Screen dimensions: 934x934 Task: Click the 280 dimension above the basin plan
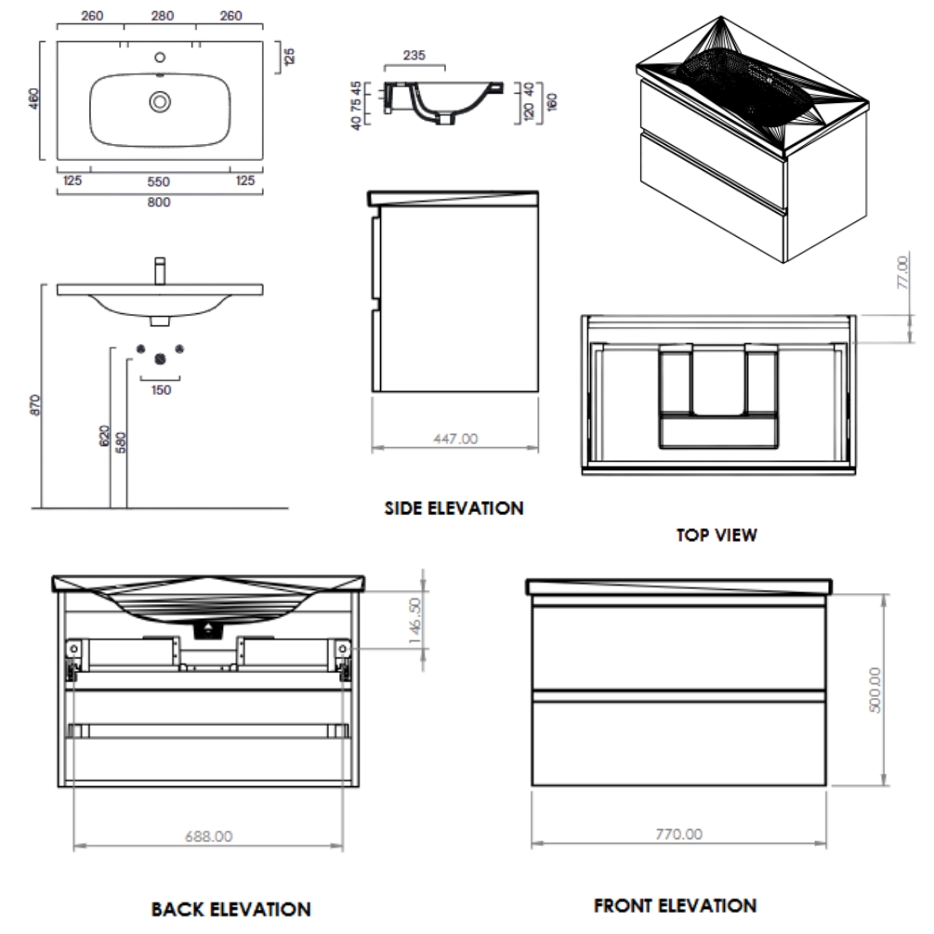click(x=163, y=15)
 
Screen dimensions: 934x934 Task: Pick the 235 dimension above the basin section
click(x=414, y=56)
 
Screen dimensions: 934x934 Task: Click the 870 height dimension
click(x=35, y=404)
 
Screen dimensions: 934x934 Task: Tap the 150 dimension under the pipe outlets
click(x=161, y=389)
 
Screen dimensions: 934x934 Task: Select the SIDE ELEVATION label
click(x=454, y=508)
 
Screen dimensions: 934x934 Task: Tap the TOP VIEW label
click(x=717, y=534)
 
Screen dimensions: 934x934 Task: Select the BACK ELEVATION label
click(x=230, y=909)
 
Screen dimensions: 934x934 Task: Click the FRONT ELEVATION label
click(x=675, y=905)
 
